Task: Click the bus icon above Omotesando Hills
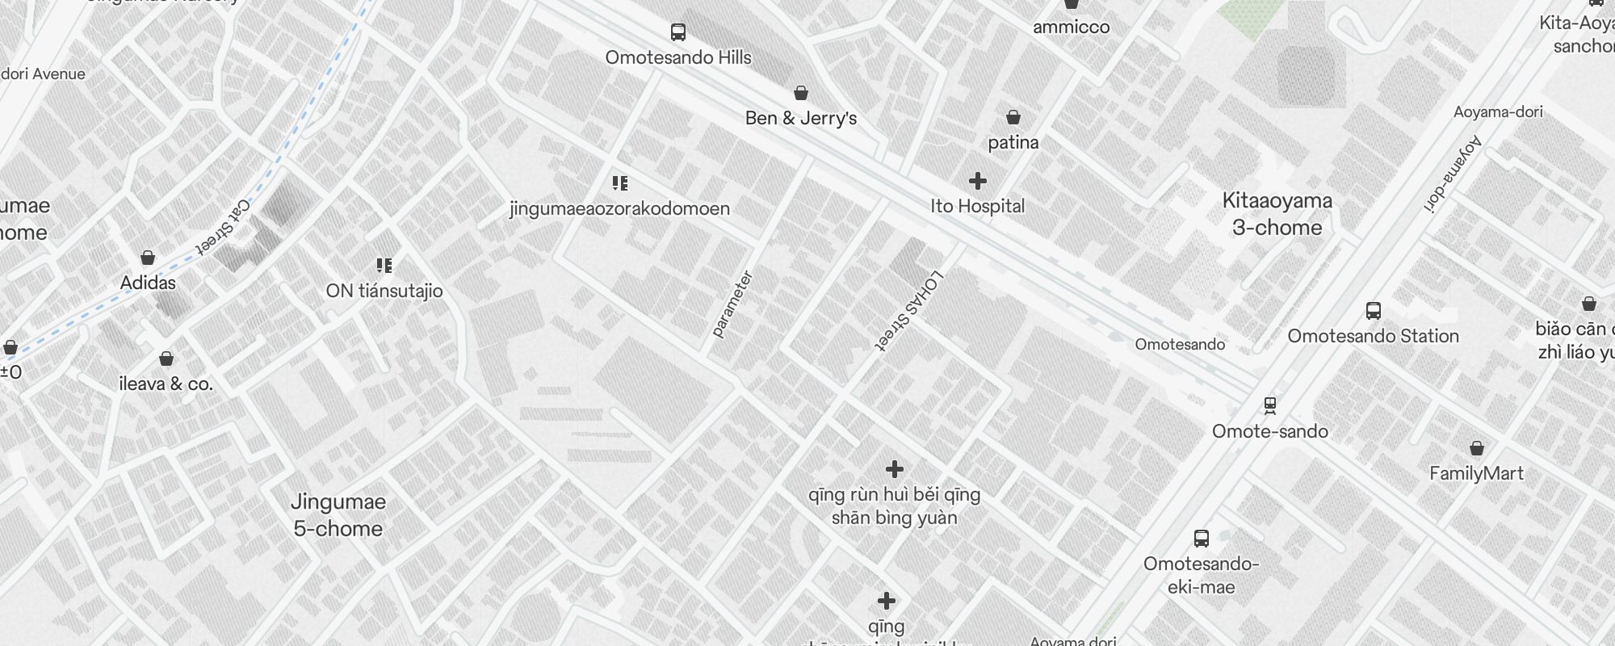(x=678, y=32)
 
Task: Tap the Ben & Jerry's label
(x=800, y=118)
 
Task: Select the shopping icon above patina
(x=1013, y=118)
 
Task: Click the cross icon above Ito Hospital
(x=977, y=180)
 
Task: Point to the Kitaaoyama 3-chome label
(x=1277, y=214)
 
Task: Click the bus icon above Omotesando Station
(x=1373, y=311)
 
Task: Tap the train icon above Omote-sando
(x=1270, y=405)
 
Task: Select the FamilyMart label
(x=1476, y=473)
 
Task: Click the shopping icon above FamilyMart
(x=1477, y=448)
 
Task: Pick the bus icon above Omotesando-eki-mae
(x=1202, y=539)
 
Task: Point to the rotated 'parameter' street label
(x=732, y=304)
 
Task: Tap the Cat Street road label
(x=224, y=227)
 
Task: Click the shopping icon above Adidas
(x=148, y=258)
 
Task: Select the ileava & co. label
(x=166, y=384)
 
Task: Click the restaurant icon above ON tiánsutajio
(x=384, y=266)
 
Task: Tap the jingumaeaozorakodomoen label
(x=619, y=208)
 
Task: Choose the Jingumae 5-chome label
(x=338, y=515)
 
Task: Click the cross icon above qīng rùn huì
(x=894, y=469)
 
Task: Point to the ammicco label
(x=1071, y=27)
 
